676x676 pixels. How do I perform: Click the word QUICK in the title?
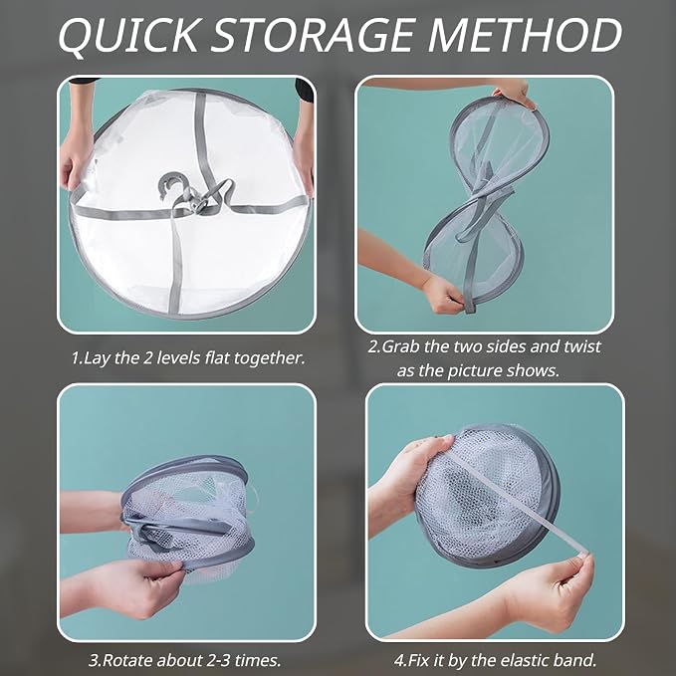pyautogui.click(x=128, y=36)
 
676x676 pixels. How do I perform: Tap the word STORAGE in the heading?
pyautogui.click(x=313, y=35)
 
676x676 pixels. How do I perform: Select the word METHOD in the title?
pyautogui.click(x=525, y=35)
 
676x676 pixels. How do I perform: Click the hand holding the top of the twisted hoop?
pyautogui.click(x=514, y=93)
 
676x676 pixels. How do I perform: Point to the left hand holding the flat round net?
pyautogui.click(x=78, y=159)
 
